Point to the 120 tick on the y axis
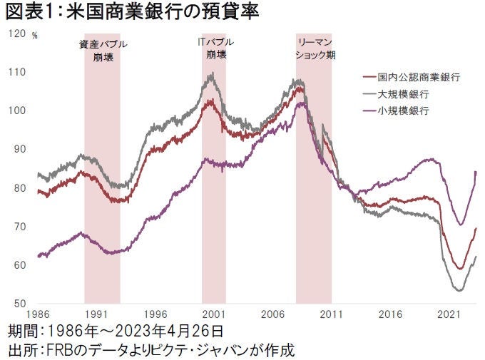pyautogui.click(x=15, y=34)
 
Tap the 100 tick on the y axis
pyautogui.click(x=15, y=110)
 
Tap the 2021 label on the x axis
pyautogui.click(x=448, y=314)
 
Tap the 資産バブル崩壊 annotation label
pyautogui.click(x=103, y=52)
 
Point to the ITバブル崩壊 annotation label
pyautogui.click(x=214, y=48)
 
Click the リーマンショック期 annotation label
pyautogui.click(x=314, y=48)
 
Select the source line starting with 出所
pyautogui.click(x=150, y=350)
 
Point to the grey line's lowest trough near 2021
pyautogui.click(x=459, y=290)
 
